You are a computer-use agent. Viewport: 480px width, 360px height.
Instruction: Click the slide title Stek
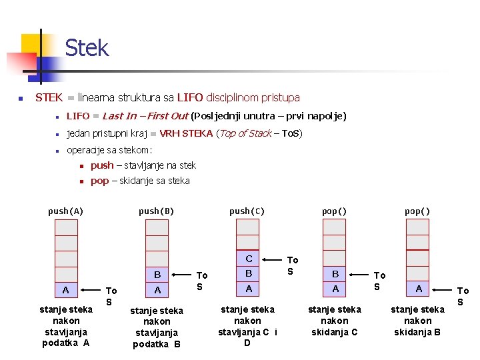tap(86, 48)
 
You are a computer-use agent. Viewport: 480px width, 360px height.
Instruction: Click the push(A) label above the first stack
tap(65, 211)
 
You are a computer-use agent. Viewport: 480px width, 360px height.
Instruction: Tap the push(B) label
tap(156, 211)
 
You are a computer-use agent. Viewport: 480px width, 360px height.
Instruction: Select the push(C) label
tap(247, 211)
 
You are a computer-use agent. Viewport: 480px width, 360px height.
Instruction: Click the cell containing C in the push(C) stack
tap(248, 259)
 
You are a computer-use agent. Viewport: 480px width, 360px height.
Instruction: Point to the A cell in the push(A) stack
tap(65, 290)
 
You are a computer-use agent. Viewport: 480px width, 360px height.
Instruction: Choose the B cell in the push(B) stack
tap(157, 275)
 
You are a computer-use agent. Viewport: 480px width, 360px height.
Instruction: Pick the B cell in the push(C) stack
tap(248, 273)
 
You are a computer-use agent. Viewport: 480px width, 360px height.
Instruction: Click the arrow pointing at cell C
tap(273, 259)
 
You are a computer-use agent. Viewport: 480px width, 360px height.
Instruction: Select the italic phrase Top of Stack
tap(244, 133)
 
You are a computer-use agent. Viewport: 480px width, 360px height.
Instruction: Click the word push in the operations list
tap(102, 165)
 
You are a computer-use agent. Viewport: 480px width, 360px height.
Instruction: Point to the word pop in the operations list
tap(99, 181)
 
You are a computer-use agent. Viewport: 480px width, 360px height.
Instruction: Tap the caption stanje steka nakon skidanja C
tap(335, 320)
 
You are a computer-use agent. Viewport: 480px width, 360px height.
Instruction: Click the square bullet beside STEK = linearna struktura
tap(21, 99)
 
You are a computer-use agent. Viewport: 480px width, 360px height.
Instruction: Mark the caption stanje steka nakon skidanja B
tap(417, 320)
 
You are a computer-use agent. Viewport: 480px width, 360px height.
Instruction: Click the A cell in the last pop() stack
tap(418, 289)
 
